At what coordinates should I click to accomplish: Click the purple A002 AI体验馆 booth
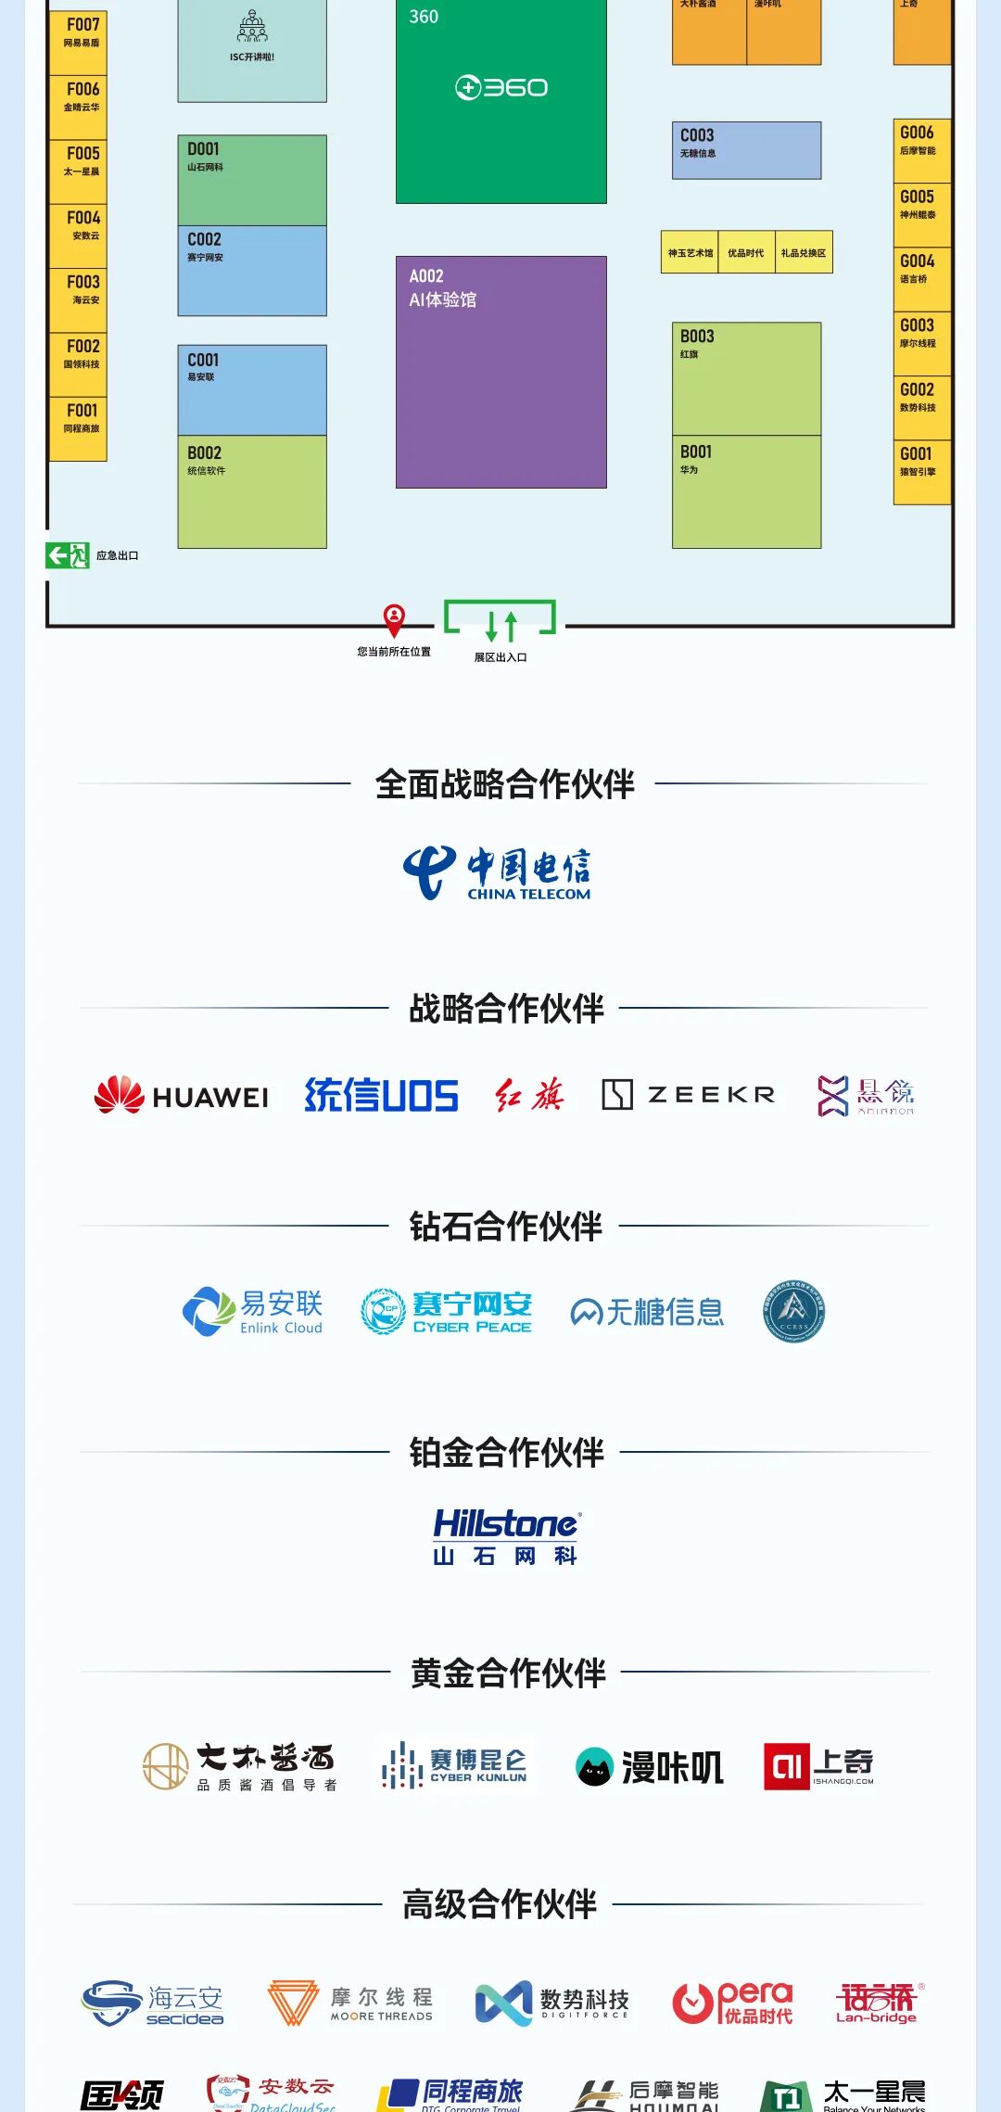(500, 372)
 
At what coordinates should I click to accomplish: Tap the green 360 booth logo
(500, 88)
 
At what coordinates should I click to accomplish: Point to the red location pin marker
(394, 617)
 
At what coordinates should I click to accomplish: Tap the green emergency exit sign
(67, 555)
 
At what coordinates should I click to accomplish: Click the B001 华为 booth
(746, 491)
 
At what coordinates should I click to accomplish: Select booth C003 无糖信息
(746, 150)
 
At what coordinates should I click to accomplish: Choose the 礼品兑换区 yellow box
(804, 252)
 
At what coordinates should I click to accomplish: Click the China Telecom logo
(498, 872)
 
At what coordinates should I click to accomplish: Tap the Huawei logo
(182, 1095)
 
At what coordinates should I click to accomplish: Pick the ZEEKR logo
(688, 1095)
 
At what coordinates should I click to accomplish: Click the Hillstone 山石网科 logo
(506, 1536)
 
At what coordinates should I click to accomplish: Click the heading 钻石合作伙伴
(505, 1227)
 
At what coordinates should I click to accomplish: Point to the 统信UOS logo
(381, 1095)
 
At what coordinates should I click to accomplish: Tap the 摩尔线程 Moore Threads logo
(350, 2004)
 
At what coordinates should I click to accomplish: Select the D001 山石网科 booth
(252, 180)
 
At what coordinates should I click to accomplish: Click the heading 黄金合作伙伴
(507, 1673)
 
